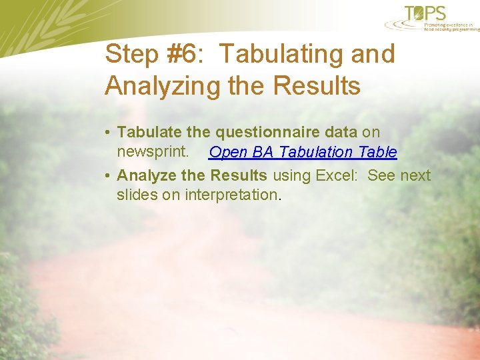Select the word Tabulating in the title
tap(279, 54)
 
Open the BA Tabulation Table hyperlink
tap(303, 152)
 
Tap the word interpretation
tap(233, 195)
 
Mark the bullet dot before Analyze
tap(108, 176)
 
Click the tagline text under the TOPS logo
tap(451, 26)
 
